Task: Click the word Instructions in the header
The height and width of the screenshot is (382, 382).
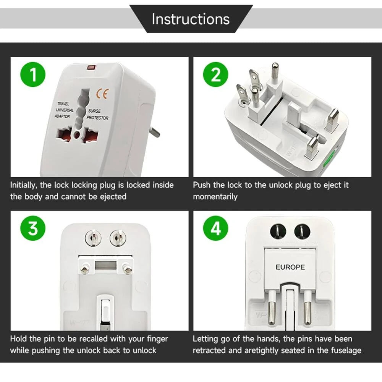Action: pyautogui.click(x=191, y=19)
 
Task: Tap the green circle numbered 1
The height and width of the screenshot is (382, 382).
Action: pyautogui.click(x=33, y=74)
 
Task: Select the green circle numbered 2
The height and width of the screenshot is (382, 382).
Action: pyautogui.click(x=215, y=74)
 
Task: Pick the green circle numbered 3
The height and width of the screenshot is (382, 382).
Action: pyautogui.click(x=33, y=228)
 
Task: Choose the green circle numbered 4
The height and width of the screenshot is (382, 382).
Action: pyautogui.click(x=215, y=228)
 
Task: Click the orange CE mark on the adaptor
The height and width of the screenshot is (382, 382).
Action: pyautogui.click(x=102, y=94)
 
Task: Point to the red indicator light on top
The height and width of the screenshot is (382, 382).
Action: pyautogui.click(x=91, y=68)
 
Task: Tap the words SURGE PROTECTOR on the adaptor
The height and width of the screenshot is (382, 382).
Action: pyautogui.click(x=97, y=115)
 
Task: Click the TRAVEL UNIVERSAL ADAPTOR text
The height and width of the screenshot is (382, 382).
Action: pyautogui.click(x=64, y=110)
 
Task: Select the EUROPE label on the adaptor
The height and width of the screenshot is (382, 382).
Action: pyautogui.click(x=290, y=267)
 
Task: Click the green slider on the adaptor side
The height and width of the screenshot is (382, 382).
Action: pyautogui.click(x=329, y=159)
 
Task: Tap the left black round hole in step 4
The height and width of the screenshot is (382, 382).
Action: pyautogui.click(x=278, y=231)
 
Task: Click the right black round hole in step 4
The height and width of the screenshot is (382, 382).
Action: pyautogui.click(x=302, y=231)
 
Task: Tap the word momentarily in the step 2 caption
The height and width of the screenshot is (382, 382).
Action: pyautogui.click(x=215, y=197)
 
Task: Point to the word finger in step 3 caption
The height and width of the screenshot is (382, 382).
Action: pyautogui.click(x=157, y=339)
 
